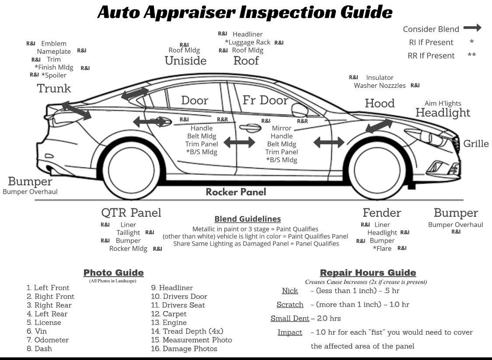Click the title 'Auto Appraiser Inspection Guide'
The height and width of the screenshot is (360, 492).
(x=244, y=12)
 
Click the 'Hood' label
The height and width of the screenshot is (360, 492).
(x=380, y=103)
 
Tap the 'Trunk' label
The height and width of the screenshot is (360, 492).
(x=54, y=89)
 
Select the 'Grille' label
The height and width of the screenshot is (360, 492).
(x=476, y=144)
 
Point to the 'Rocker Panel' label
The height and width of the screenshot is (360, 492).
(x=236, y=192)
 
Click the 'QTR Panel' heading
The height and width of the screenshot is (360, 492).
(x=131, y=213)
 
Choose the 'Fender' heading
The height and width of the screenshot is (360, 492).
(x=381, y=213)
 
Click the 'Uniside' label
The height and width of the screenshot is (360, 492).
(x=185, y=61)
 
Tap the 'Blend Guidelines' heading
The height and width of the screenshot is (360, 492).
(x=248, y=219)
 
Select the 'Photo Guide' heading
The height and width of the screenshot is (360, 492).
(x=113, y=273)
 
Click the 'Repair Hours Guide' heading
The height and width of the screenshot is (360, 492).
(x=368, y=273)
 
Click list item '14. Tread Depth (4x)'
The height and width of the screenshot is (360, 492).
(x=187, y=331)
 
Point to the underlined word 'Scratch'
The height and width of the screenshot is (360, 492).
(x=290, y=305)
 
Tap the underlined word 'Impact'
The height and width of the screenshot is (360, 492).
(x=290, y=332)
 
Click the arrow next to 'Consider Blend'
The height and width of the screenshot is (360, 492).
(x=472, y=28)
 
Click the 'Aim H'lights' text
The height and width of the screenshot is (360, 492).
(x=443, y=104)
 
